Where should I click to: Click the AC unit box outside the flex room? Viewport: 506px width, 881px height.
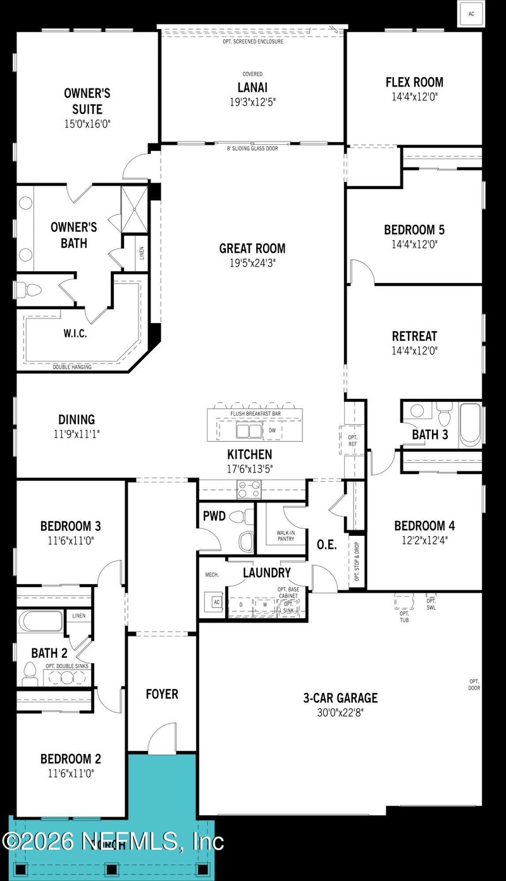[x=471, y=13]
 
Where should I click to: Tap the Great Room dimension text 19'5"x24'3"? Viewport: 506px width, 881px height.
[x=252, y=262]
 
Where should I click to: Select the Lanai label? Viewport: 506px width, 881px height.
[x=252, y=87]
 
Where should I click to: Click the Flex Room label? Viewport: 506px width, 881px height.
[x=414, y=82]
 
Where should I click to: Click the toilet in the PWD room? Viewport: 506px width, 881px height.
[x=238, y=516]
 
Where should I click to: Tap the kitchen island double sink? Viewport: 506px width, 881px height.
[x=248, y=431]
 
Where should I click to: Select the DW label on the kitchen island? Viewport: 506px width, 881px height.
[x=273, y=430]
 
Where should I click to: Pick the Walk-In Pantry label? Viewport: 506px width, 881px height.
[x=285, y=535]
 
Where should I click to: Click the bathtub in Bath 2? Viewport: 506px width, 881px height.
[x=40, y=621]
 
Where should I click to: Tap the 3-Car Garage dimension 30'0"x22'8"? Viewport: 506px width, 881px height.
[x=340, y=712]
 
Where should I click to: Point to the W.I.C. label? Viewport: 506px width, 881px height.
[x=75, y=334]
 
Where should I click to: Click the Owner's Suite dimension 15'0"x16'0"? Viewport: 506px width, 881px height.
[x=87, y=124]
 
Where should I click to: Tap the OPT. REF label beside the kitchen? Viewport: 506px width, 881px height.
[x=352, y=440]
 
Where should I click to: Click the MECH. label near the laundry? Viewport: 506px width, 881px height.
[x=211, y=575]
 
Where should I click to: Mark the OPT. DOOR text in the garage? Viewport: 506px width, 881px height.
[x=474, y=684]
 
